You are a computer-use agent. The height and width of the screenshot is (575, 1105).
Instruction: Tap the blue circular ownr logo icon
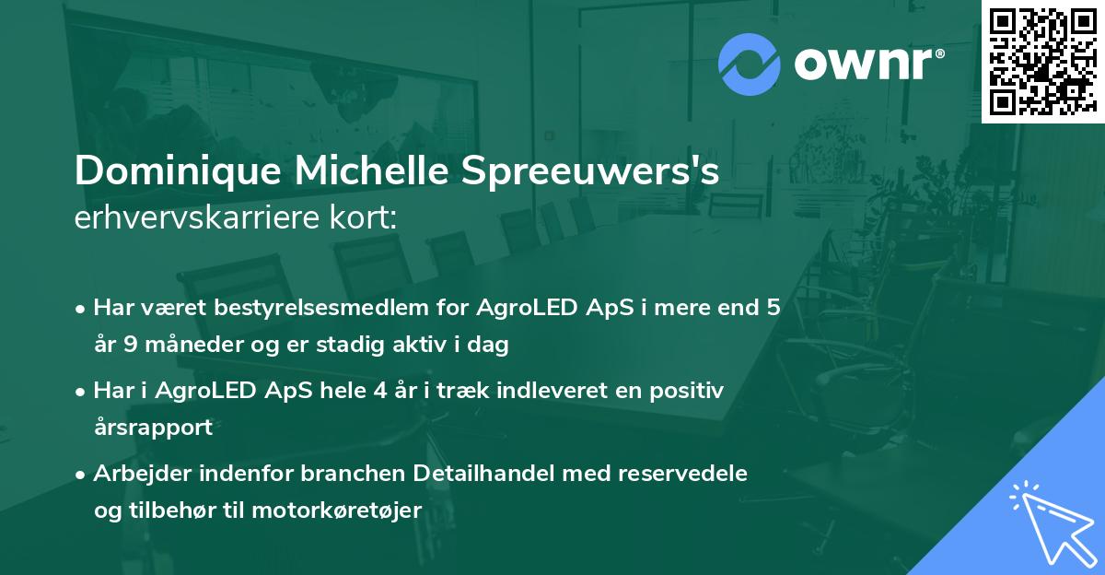(x=749, y=64)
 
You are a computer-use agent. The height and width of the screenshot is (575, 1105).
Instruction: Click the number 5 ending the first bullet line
(x=773, y=308)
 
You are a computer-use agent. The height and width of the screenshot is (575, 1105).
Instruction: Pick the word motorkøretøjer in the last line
(x=353, y=510)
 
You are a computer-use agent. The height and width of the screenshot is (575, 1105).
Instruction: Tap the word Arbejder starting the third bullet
(x=137, y=474)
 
